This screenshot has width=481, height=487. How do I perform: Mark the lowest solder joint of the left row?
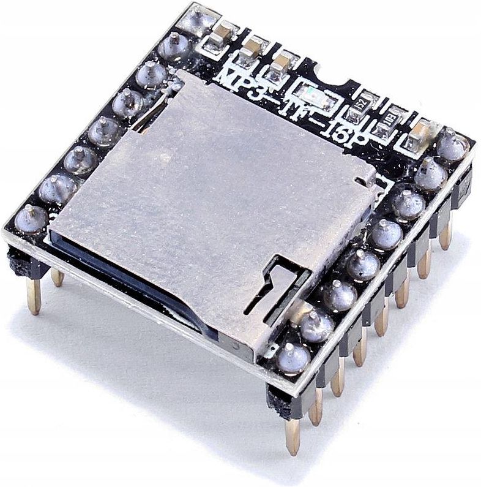coord(32,218)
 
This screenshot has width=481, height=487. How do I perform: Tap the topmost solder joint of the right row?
coord(453,146)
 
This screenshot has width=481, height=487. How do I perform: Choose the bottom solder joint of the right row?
coord(293,358)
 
